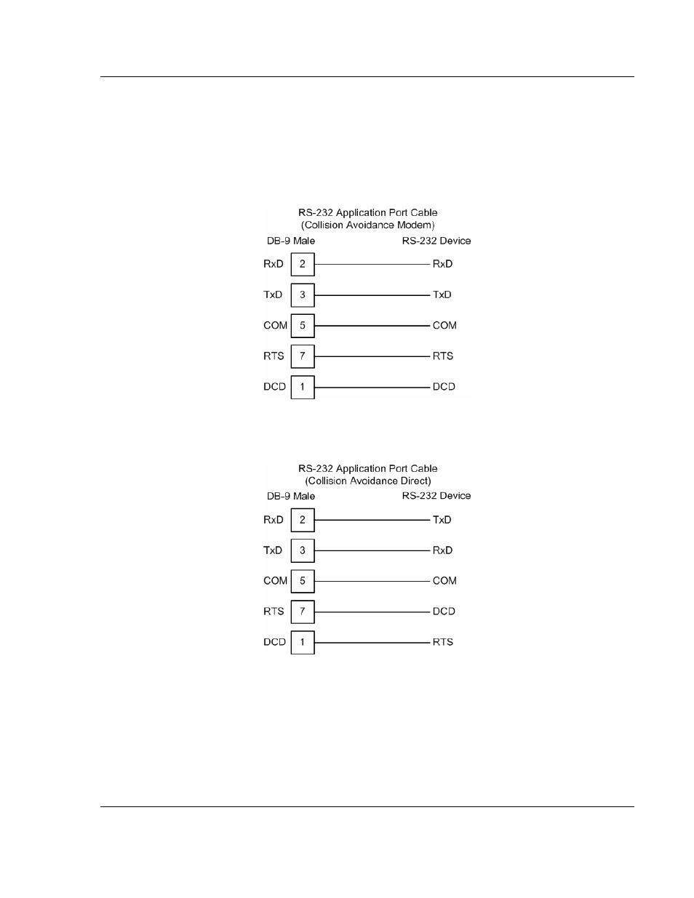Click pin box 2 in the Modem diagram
coord(303,264)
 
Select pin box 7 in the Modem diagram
coord(303,356)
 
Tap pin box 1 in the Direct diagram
coord(303,642)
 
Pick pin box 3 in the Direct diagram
coord(303,550)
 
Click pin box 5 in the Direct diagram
coord(303,581)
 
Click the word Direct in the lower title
coord(411,481)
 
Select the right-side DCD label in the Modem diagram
coord(444,387)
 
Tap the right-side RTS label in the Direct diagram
coord(443,642)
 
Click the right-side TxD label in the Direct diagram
coord(442,520)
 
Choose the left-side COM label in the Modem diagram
coord(275,326)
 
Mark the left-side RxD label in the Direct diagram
coord(274,520)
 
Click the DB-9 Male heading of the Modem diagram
coord(291,241)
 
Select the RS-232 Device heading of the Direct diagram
coord(436,496)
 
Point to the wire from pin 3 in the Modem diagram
coord(372,295)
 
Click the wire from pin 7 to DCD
coord(372,612)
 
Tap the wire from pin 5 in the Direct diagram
coord(372,581)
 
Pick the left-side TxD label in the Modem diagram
coord(273,294)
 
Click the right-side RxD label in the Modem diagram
coord(442,264)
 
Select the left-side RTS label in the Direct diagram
coord(274,612)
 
